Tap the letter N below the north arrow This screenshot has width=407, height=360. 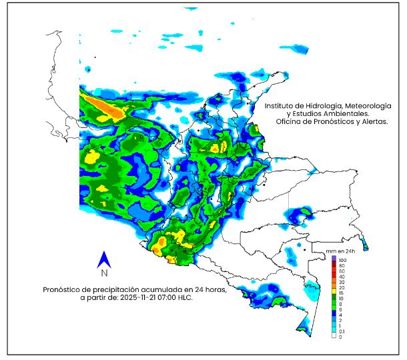point(104,273)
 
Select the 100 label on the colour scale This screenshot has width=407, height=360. point(342,259)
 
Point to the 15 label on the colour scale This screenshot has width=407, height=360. point(341,291)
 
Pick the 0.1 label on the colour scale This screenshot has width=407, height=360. point(342,331)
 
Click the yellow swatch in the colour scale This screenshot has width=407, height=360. point(334,291)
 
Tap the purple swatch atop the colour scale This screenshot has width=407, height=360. point(334,259)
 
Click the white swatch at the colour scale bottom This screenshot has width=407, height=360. point(334,337)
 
